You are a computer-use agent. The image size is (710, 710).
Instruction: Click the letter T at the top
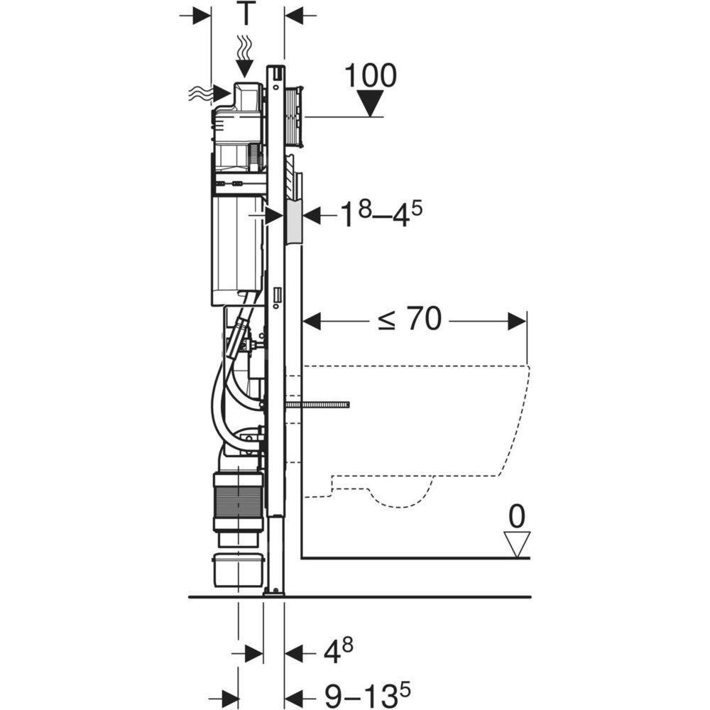click(246, 15)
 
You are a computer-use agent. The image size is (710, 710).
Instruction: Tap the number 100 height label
click(370, 76)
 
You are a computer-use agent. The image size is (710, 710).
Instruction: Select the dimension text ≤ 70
click(409, 322)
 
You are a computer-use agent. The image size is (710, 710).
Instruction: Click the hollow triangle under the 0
click(517, 545)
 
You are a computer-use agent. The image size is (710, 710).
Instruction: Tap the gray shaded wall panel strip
click(294, 222)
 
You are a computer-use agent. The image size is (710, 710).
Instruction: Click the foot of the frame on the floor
click(273, 589)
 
